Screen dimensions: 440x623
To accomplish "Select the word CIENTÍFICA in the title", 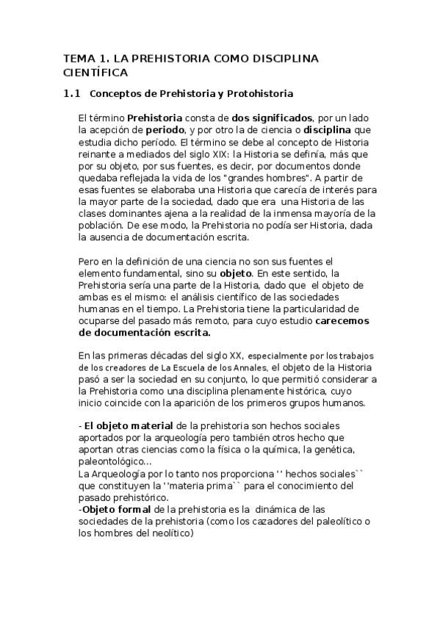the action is [95, 73].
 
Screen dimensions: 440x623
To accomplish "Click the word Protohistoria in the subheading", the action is [260, 94].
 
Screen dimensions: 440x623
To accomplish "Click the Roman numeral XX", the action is [239, 355].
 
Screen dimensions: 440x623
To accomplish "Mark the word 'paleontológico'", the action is [111, 461].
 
